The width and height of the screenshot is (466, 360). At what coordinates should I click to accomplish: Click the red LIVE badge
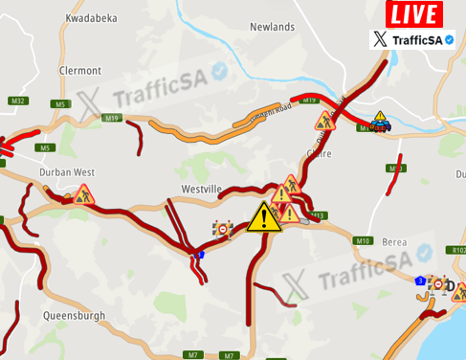(413, 14)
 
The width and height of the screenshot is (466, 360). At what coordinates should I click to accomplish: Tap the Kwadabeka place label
(91, 18)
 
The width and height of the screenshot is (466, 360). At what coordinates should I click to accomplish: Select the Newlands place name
(272, 27)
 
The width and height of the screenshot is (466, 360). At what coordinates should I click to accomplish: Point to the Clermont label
(79, 71)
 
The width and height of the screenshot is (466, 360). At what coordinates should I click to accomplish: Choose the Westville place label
(201, 190)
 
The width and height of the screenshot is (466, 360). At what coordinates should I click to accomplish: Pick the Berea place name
(394, 242)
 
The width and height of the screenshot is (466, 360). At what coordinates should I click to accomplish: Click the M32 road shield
(17, 101)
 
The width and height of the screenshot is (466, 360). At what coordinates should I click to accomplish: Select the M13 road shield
(319, 215)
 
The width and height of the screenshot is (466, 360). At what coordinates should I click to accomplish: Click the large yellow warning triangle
(263, 217)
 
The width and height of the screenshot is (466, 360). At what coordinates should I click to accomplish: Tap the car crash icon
(380, 121)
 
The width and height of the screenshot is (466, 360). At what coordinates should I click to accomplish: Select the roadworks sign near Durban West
(84, 194)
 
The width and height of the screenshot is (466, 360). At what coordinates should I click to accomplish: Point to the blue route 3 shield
(420, 281)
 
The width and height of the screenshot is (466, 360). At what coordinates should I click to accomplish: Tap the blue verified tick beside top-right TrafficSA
(449, 39)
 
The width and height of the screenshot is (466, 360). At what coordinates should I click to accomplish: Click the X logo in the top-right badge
(382, 39)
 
